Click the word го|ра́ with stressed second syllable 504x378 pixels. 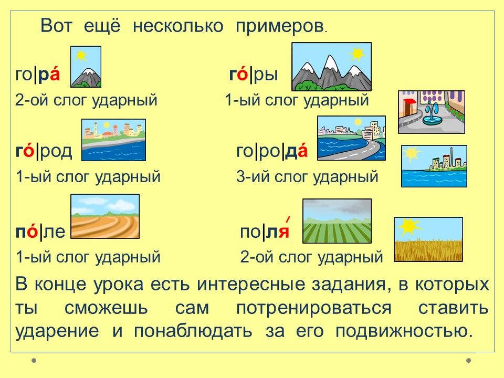point(38,75)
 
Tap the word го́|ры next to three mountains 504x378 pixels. point(253,75)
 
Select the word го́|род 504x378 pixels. point(44,151)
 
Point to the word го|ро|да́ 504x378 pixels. point(272,151)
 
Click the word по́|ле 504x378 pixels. point(40,232)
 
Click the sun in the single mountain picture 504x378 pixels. point(81,56)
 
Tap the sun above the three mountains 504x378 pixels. point(358,54)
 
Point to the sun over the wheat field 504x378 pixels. point(409,226)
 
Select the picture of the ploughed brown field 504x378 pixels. point(105,216)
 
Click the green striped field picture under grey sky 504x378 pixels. point(337,221)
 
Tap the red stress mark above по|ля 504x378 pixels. point(288,219)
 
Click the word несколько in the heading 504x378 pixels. point(178,26)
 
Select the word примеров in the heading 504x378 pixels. point(280,26)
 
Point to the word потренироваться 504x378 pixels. point(314,308)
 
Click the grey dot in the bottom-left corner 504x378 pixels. point(34,361)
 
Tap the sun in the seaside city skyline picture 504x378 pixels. point(411,154)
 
